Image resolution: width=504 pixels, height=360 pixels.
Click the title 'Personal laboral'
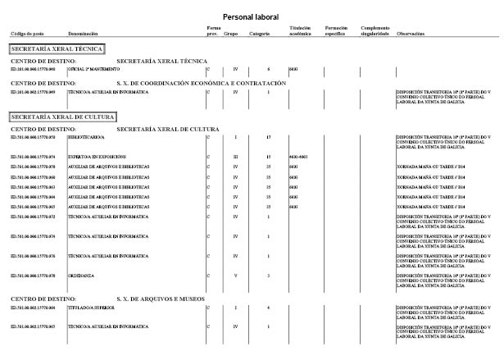pyautogui.click(x=251, y=16)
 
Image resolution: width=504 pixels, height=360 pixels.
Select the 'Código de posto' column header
pyautogui.click(x=26, y=34)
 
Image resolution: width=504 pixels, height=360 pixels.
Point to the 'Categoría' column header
pyautogui.click(x=261, y=34)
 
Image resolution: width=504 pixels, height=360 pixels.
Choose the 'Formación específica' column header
pyautogui.click(x=337, y=31)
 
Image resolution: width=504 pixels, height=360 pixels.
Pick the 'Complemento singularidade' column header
pyautogui.click(x=375, y=31)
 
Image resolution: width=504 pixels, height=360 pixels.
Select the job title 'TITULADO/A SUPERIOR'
pyautogui.click(x=91, y=308)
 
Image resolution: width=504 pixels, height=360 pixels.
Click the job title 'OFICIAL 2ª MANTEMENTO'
pyautogui.click(x=93, y=70)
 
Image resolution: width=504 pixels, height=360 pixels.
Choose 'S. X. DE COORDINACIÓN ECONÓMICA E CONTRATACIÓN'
pyautogui.click(x=202, y=83)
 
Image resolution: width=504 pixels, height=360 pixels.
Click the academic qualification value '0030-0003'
pyautogui.click(x=297, y=155)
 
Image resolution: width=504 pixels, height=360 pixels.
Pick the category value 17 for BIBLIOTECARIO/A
pyautogui.click(x=269, y=136)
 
